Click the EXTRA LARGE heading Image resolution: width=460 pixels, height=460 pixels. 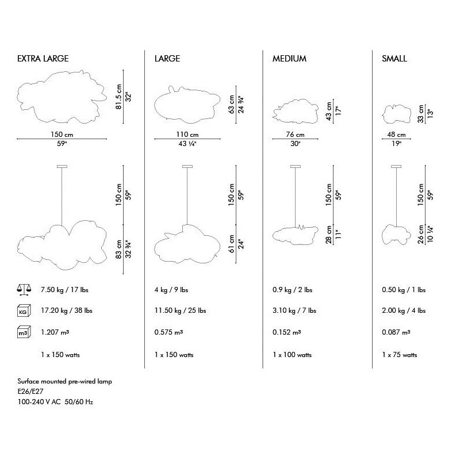(x=43, y=59)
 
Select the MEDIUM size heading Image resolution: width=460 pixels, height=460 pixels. (x=289, y=59)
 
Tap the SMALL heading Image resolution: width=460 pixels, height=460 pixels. (x=394, y=59)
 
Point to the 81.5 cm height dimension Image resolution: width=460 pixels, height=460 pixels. (x=118, y=97)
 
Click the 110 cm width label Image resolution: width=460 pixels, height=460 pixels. (x=187, y=135)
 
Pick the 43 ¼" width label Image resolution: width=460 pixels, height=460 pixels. (x=187, y=143)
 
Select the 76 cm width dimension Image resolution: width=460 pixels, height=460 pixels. (x=295, y=135)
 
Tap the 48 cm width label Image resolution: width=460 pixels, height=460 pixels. (x=396, y=135)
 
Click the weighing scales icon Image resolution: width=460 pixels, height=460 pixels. (x=24, y=289)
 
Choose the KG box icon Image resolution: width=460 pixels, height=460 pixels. (x=24, y=311)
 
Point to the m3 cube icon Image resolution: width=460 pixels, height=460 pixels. (x=24, y=332)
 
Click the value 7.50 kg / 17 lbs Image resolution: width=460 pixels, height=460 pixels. (x=64, y=290)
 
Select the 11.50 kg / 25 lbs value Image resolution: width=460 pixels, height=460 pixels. (x=180, y=310)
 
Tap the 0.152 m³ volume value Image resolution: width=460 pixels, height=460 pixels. (x=286, y=332)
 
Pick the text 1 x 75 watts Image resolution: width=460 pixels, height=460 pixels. (x=399, y=355)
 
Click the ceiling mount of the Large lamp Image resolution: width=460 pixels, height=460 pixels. (x=187, y=167)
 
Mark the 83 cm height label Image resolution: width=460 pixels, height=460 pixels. (x=118, y=250)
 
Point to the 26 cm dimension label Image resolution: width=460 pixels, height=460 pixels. (x=421, y=234)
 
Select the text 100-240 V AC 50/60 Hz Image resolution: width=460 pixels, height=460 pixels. (x=55, y=401)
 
